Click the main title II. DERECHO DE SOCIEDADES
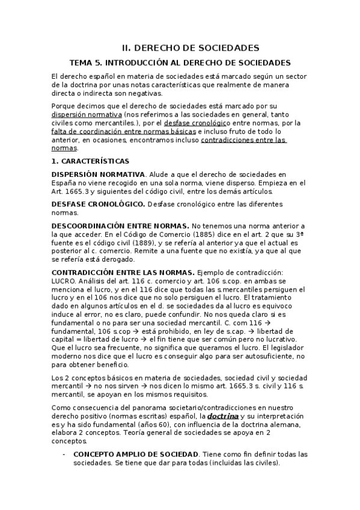pos(191,48)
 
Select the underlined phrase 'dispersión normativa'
pos(87,114)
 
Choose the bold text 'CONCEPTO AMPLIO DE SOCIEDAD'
pos(136,454)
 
